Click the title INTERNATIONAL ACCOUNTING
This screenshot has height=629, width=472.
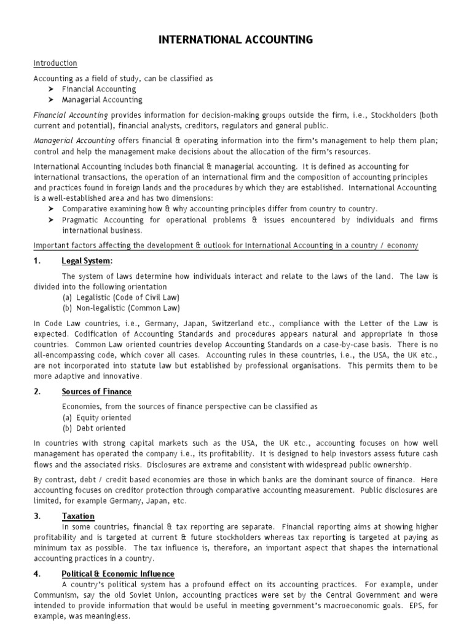(236, 40)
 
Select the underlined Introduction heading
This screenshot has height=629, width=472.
(55, 63)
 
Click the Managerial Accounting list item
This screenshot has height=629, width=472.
(102, 100)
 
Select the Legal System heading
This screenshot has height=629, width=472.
(87, 261)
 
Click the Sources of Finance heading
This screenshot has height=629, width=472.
(96, 391)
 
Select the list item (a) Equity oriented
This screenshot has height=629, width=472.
(96, 418)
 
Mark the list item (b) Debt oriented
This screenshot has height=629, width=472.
(93, 428)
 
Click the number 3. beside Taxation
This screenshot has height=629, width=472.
(37, 517)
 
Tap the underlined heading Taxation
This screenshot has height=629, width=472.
(78, 517)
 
